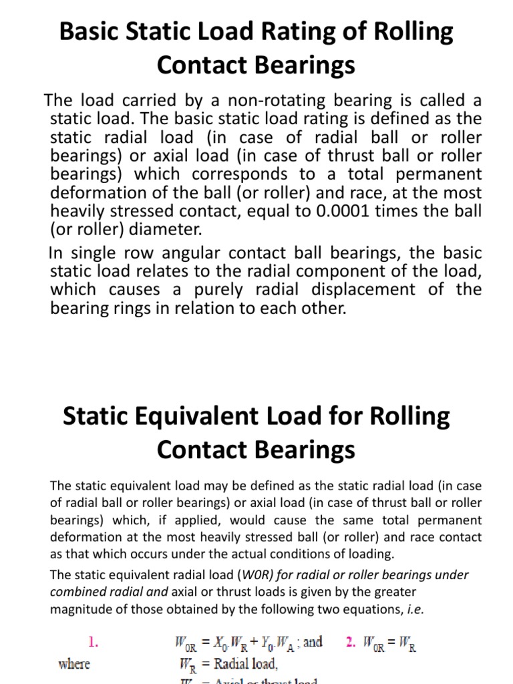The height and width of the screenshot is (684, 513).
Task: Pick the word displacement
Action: (x=382, y=290)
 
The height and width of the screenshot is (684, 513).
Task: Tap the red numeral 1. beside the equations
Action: (x=94, y=643)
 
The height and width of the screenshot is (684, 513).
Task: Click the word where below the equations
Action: (x=74, y=665)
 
